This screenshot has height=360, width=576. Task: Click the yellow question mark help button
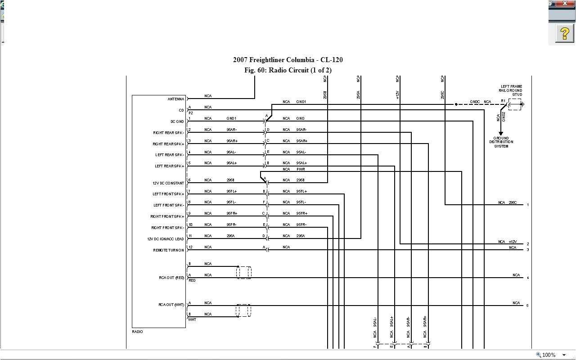(564, 34)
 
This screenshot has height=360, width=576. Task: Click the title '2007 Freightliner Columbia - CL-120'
(288, 60)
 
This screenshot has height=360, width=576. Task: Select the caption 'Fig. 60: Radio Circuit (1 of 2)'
(288, 70)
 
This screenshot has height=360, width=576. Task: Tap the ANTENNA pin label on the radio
(176, 99)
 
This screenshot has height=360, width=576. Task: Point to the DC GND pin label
(177, 121)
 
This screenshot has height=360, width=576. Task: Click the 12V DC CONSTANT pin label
(168, 183)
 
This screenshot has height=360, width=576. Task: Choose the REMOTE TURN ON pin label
(168, 250)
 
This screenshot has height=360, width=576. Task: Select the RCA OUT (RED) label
(171, 278)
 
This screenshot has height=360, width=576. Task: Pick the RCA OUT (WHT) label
(171, 305)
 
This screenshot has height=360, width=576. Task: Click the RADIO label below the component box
(137, 332)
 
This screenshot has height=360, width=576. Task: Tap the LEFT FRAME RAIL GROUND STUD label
(512, 90)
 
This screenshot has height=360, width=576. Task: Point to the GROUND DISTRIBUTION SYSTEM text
(501, 142)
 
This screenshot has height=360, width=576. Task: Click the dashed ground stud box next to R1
(514, 104)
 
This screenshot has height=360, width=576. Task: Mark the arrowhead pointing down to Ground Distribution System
(501, 134)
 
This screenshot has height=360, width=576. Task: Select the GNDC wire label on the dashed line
(475, 102)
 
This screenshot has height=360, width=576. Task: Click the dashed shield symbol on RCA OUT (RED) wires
(243, 272)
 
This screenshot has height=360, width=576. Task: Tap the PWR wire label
(301, 169)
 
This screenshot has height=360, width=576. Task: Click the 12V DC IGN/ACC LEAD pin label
(166, 239)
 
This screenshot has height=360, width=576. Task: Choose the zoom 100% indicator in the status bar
(549, 355)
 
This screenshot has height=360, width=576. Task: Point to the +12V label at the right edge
(513, 242)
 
